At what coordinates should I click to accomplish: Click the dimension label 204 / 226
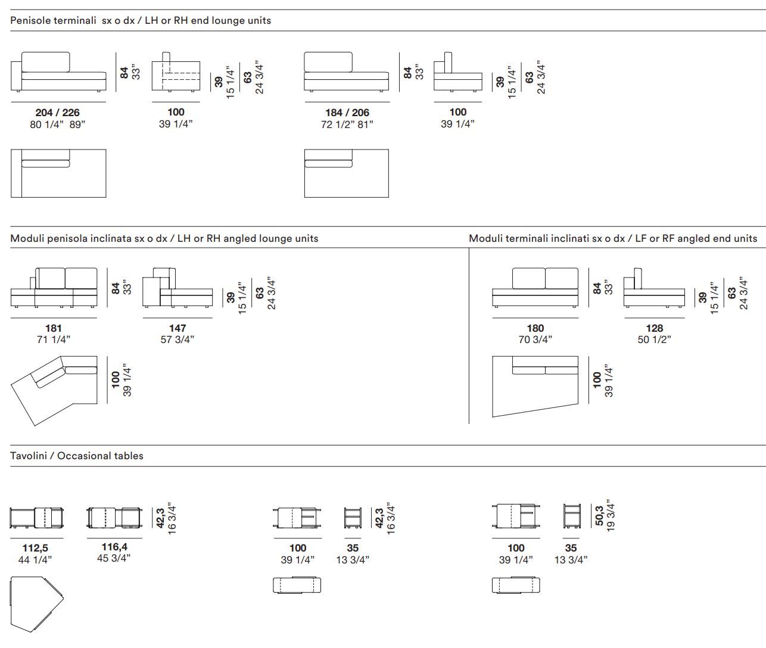coord(57,113)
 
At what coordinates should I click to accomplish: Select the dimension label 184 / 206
coord(347,113)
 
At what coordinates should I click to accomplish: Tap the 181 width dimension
coord(54,328)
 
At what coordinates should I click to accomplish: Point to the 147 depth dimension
coord(178,328)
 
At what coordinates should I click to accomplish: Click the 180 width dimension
coord(535,328)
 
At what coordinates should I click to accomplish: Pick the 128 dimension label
coord(654,328)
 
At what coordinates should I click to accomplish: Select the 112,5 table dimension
coord(35,548)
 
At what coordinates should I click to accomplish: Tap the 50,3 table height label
coord(600,516)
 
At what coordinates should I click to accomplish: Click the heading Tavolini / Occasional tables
coord(77,456)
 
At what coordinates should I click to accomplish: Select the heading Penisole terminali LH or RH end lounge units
coord(141,20)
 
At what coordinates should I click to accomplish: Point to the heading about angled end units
coord(613,238)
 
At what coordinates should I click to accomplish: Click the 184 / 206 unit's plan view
coord(346,173)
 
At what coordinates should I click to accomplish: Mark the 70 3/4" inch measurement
coord(535,339)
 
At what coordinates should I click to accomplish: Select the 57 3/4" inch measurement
coord(178,339)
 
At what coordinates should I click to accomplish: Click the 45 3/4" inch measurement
coord(114,558)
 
